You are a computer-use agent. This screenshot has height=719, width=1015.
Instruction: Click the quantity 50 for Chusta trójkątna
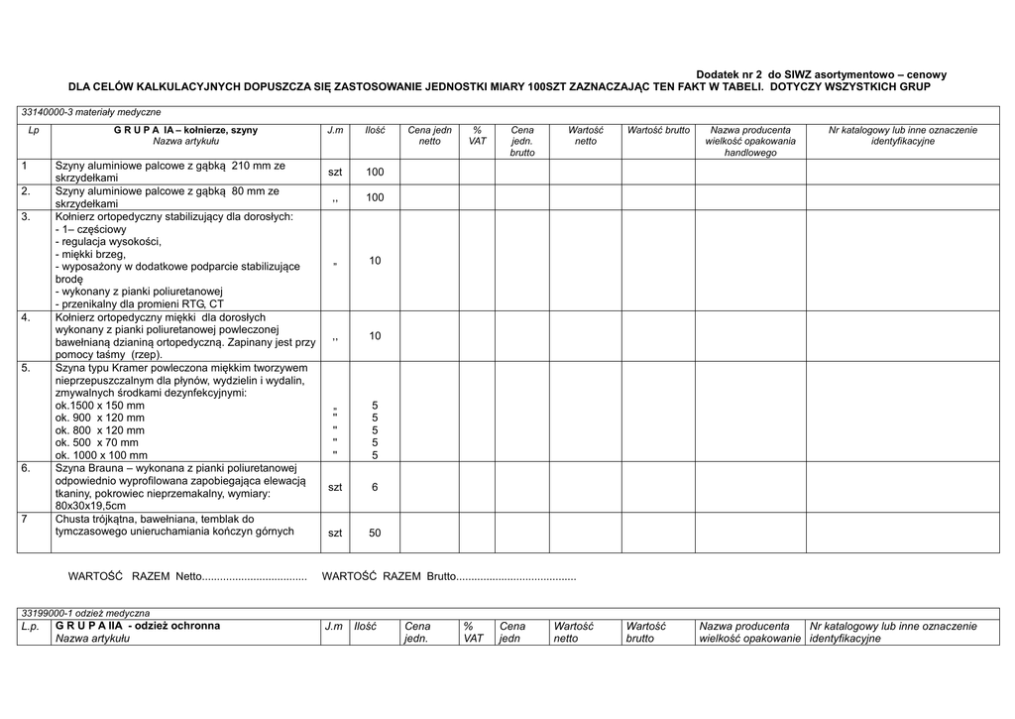click(x=375, y=533)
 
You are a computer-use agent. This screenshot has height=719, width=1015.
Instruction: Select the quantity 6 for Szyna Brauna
click(x=375, y=487)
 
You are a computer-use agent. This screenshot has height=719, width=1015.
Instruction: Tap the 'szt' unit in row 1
click(x=335, y=173)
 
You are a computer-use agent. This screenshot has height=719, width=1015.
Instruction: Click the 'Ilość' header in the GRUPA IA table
click(x=375, y=130)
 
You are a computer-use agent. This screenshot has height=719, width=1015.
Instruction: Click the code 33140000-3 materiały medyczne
click(x=91, y=112)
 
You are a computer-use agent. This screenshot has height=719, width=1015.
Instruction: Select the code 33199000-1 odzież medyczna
click(x=85, y=614)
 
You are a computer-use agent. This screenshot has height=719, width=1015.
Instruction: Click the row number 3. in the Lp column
click(x=27, y=216)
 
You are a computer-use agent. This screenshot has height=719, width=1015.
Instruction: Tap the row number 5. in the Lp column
click(x=27, y=368)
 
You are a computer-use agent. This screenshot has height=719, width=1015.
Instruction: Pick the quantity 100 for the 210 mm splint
click(x=375, y=173)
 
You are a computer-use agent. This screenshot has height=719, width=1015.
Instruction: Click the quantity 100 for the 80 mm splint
click(x=375, y=197)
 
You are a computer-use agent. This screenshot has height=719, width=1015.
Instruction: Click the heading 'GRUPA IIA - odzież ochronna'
click(x=138, y=626)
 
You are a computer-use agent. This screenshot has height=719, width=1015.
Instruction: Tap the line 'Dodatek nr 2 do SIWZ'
click(x=821, y=74)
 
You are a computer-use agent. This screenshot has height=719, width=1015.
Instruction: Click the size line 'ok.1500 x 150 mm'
click(x=100, y=406)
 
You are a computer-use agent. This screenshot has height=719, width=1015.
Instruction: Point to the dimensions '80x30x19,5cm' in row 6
click(x=91, y=506)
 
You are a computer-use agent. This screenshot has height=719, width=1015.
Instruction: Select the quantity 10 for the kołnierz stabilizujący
click(x=375, y=261)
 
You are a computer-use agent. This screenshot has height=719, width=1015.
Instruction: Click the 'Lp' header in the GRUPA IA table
click(x=34, y=130)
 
